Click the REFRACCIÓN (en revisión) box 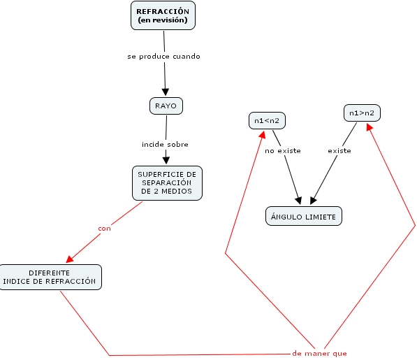pos(163,15)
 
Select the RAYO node pos(166,106)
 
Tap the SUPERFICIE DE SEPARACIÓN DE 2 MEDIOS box pos(167,183)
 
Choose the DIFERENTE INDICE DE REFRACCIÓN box pos(50,277)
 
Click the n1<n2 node pos(267,120)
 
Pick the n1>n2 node pos(362,113)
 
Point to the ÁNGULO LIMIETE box pos(304,216)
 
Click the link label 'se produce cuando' pos(164,57)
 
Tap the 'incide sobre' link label pos(165,144)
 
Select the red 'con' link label pos(104,229)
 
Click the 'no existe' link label pos(283,151)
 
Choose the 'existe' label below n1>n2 pos(339,151)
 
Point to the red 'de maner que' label pos(319,353)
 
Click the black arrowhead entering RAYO pos(166,92)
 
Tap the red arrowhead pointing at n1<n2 pos(263,135)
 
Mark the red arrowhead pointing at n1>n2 pos(369,127)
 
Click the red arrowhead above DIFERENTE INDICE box pos(69,259)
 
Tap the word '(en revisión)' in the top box pos(163,20)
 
